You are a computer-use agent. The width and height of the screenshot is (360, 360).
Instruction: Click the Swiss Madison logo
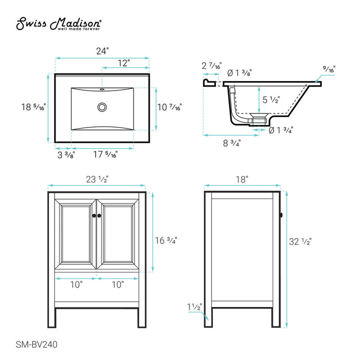[58, 24]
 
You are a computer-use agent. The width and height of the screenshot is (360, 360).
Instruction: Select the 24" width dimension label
[102, 51]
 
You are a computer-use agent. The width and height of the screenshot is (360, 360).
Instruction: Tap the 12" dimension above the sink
[124, 63]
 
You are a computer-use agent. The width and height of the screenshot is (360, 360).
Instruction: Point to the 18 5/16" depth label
[33, 107]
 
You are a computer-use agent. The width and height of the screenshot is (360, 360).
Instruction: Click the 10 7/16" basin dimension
[169, 107]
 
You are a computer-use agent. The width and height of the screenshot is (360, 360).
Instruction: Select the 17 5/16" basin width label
[105, 155]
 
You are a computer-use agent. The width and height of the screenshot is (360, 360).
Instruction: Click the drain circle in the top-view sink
[102, 106]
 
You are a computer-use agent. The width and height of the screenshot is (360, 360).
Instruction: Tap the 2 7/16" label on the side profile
[210, 65]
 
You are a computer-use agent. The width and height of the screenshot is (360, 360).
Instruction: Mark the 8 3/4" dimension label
[232, 143]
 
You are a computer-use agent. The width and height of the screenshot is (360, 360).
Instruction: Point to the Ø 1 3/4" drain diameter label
[280, 130]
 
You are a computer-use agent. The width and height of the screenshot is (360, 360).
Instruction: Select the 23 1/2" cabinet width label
[96, 179]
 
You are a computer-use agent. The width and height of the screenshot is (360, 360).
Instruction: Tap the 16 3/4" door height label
[165, 240]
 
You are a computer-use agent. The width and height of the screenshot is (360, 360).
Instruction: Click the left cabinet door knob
[93, 215]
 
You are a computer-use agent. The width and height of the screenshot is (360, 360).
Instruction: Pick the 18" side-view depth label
[242, 179]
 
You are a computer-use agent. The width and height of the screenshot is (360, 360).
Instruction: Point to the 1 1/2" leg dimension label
[195, 307]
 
